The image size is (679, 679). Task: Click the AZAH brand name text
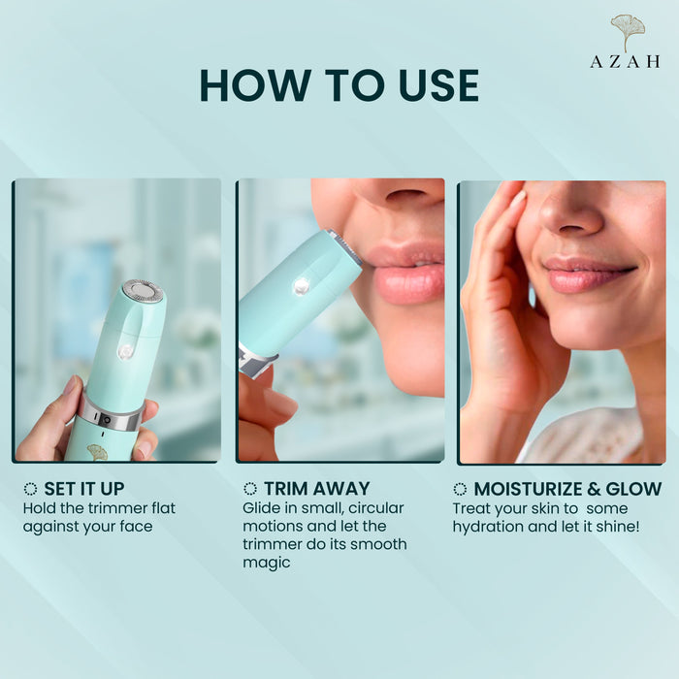point(625,61)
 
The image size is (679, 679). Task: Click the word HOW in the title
point(255,85)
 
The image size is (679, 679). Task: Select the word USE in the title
point(438,85)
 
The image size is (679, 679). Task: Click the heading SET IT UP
point(84,489)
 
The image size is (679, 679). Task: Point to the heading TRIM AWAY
point(317,489)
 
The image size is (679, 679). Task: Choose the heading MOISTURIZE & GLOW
point(567,489)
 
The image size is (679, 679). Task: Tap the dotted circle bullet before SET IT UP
point(30,489)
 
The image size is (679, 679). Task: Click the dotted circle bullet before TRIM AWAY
point(250,489)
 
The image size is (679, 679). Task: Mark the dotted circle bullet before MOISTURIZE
point(460,489)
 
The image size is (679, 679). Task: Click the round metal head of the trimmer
point(143,291)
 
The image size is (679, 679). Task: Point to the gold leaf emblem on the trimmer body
point(97,452)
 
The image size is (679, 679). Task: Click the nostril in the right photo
point(570,229)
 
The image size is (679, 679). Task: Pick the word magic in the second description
point(267,563)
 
